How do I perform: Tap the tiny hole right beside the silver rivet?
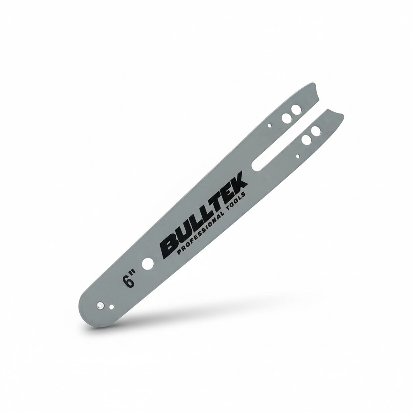[112, 307]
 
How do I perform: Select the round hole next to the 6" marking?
[148, 263]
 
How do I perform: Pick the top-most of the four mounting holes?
[296, 109]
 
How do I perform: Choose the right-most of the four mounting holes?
[315, 130]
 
